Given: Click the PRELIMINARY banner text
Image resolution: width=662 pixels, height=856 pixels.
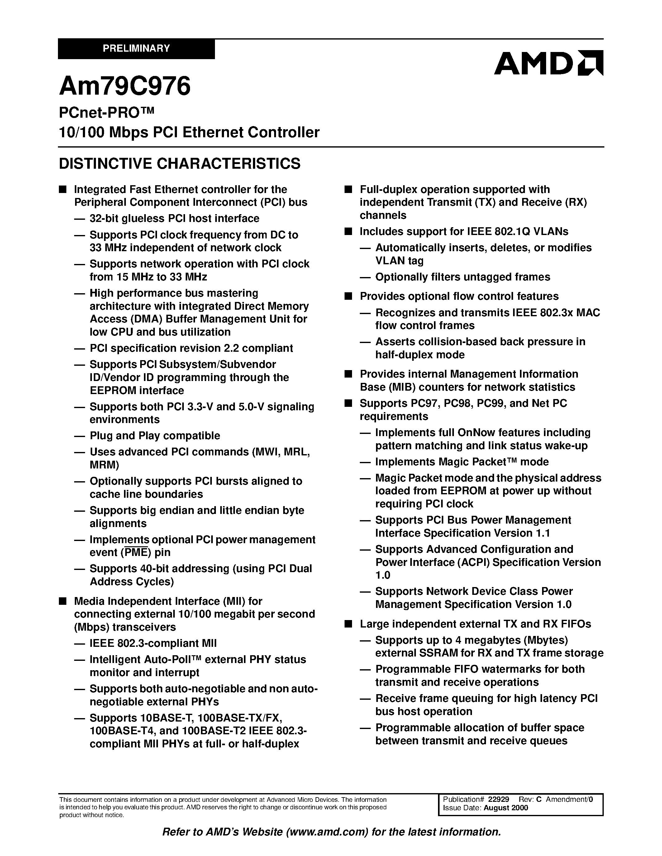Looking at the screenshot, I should [136, 49].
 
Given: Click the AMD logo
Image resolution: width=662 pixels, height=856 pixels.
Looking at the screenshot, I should [548, 63].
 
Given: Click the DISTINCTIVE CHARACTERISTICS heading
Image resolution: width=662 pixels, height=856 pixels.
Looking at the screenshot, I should [180, 163].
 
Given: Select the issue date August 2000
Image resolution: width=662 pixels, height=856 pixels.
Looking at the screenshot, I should [506, 808].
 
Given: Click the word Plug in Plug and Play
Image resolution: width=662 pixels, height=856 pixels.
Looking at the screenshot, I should [101, 436].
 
